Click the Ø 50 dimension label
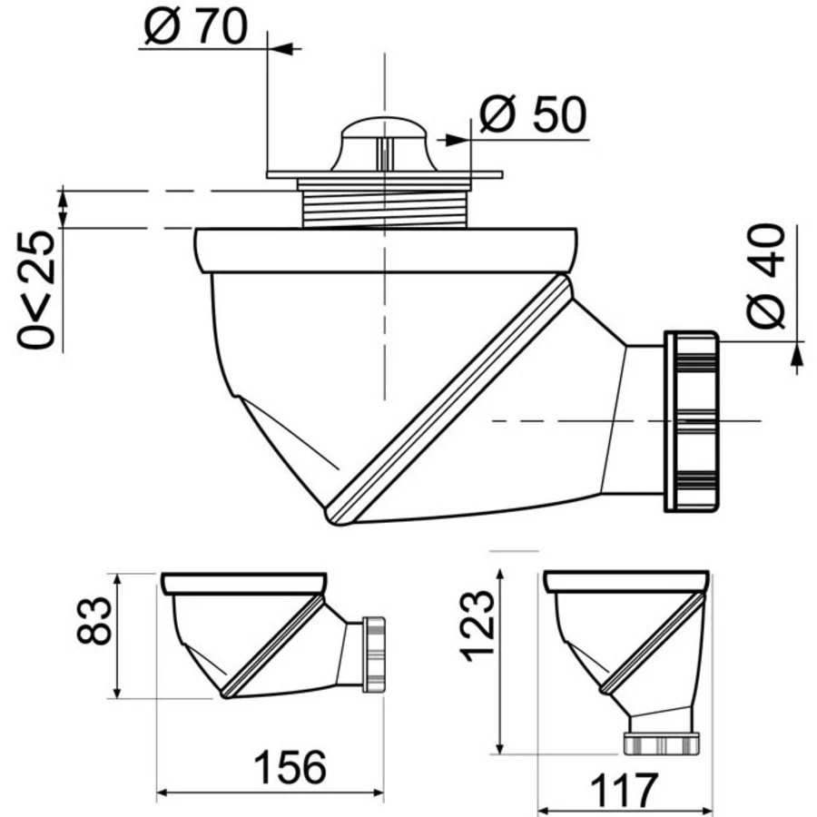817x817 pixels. pyautogui.click(x=533, y=115)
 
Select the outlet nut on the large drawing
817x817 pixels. pyautogui.click(x=692, y=420)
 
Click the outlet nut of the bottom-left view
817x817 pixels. pyautogui.click(x=373, y=655)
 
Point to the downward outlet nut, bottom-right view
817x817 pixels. pyautogui.click(x=661, y=743)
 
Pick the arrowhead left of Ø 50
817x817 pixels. pyautogui.click(x=450, y=140)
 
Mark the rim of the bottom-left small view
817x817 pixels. pyautogui.click(x=242, y=583)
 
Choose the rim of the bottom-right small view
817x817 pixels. pyautogui.click(x=625, y=582)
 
